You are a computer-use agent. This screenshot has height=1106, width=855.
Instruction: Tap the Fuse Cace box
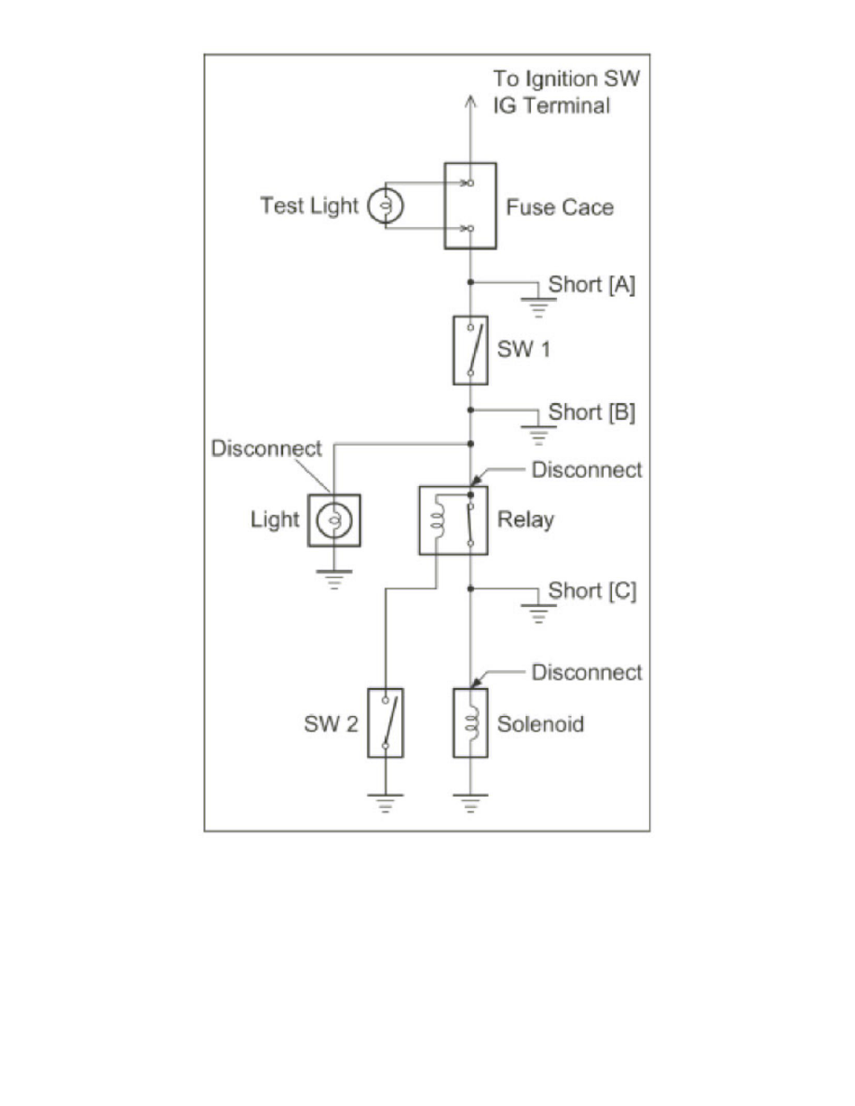point(469,206)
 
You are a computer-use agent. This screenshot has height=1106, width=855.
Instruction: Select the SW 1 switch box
point(470,350)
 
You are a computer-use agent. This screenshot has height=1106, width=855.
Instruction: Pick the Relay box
point(453,520)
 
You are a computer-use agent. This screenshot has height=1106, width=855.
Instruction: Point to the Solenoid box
point(470,723)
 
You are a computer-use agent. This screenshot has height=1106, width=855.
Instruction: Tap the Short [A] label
point(592,285)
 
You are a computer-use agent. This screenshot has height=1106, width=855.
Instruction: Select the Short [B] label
point(592,411)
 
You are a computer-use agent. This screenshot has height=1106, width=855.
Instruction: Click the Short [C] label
point(592,591)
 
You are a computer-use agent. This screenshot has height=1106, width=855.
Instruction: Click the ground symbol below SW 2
point(385,802)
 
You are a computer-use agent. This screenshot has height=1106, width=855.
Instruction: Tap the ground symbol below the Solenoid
point(470,802)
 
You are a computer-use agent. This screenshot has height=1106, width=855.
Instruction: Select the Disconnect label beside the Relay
point(587,470)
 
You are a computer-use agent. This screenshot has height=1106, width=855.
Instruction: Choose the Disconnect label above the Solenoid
point(587,672)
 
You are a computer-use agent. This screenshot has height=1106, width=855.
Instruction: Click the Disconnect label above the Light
point(266,448)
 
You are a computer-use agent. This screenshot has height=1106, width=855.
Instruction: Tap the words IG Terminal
point(551,105)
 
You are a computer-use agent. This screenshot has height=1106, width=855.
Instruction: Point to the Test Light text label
point(308,206)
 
